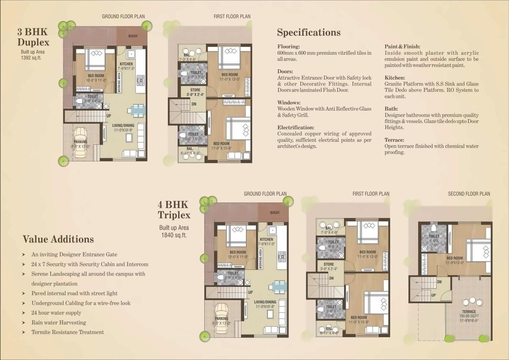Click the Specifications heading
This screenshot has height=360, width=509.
click(309, 33)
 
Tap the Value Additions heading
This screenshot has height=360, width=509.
click(58, 239)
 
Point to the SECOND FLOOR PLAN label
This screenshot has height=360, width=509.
click(469, 194)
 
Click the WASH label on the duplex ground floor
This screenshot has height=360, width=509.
click(133, 36)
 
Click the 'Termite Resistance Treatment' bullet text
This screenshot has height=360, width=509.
click(68, 332)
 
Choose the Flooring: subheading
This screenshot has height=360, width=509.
click(289, 46)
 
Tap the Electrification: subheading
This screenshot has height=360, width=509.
click(296, 128)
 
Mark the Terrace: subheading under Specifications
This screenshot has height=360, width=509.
click(394, 140)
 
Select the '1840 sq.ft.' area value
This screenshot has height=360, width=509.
click(173, 235)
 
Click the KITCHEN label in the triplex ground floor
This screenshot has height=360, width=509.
click(266, 240)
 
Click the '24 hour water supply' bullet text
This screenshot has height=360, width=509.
click(56, 313)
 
